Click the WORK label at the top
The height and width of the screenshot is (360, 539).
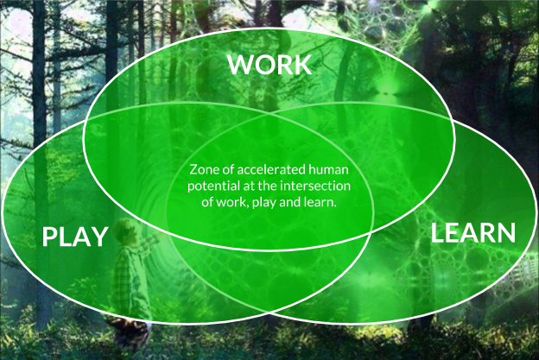pos(269,64)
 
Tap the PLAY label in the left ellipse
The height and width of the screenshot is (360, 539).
pos(76,236)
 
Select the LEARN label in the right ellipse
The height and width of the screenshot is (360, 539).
pos(472,232)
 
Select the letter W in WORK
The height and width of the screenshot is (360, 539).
pos(241,64)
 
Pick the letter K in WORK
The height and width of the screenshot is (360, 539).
pos(301,64)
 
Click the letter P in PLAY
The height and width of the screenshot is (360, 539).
pos(50,236)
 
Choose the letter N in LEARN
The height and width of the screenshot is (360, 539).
pos(504,232)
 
